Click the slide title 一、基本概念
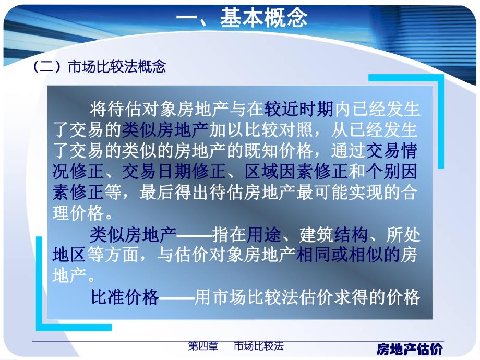241,18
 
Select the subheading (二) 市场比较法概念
99,67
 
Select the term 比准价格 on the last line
124,297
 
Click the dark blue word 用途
264,235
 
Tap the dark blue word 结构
351,235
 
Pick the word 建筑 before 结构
316,235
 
